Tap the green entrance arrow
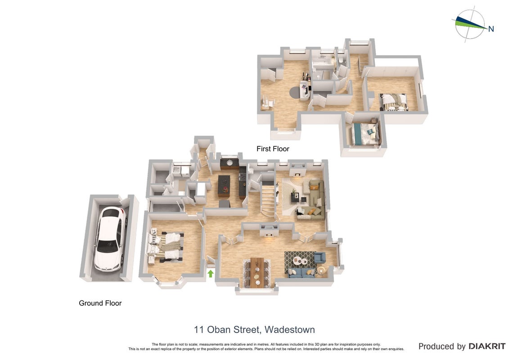tap(210, 274)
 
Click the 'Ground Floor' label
tap(100, 303)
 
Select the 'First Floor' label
tap(273, 148)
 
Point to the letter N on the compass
tap(491, 29)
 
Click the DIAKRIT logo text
tap(486, 346)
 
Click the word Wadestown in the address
tap(289, 330)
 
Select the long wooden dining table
tap(257, 272)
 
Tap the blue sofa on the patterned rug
tap(301, 273)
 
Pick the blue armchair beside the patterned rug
tap(320, 257)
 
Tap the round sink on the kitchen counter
tap(230, 162)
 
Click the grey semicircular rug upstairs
tap(295, 92)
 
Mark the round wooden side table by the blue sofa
tap(321, 270)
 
